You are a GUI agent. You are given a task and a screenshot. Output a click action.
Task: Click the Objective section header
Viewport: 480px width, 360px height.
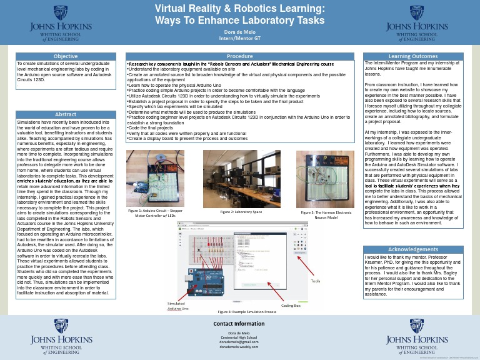point(66,57)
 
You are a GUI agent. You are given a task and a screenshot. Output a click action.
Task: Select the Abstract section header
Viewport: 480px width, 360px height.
point(66,114)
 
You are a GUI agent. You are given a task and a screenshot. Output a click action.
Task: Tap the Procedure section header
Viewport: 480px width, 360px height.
point(239,57)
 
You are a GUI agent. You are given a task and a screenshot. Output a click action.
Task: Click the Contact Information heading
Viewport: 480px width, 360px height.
point(239,324)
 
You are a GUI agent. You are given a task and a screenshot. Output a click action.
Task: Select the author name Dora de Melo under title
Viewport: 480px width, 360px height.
point(240,31)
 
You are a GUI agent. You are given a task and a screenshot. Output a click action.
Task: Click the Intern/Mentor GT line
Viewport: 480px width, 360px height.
point(240,38)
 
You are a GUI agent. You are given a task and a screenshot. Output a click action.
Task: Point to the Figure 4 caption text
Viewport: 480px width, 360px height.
point(247,311)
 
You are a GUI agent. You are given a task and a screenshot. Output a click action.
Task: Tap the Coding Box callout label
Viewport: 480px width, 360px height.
point(291,306)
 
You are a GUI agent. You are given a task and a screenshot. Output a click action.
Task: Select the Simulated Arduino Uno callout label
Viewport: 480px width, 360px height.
point(176,306)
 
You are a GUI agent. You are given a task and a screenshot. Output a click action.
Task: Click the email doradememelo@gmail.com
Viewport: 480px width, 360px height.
point(239,342)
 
